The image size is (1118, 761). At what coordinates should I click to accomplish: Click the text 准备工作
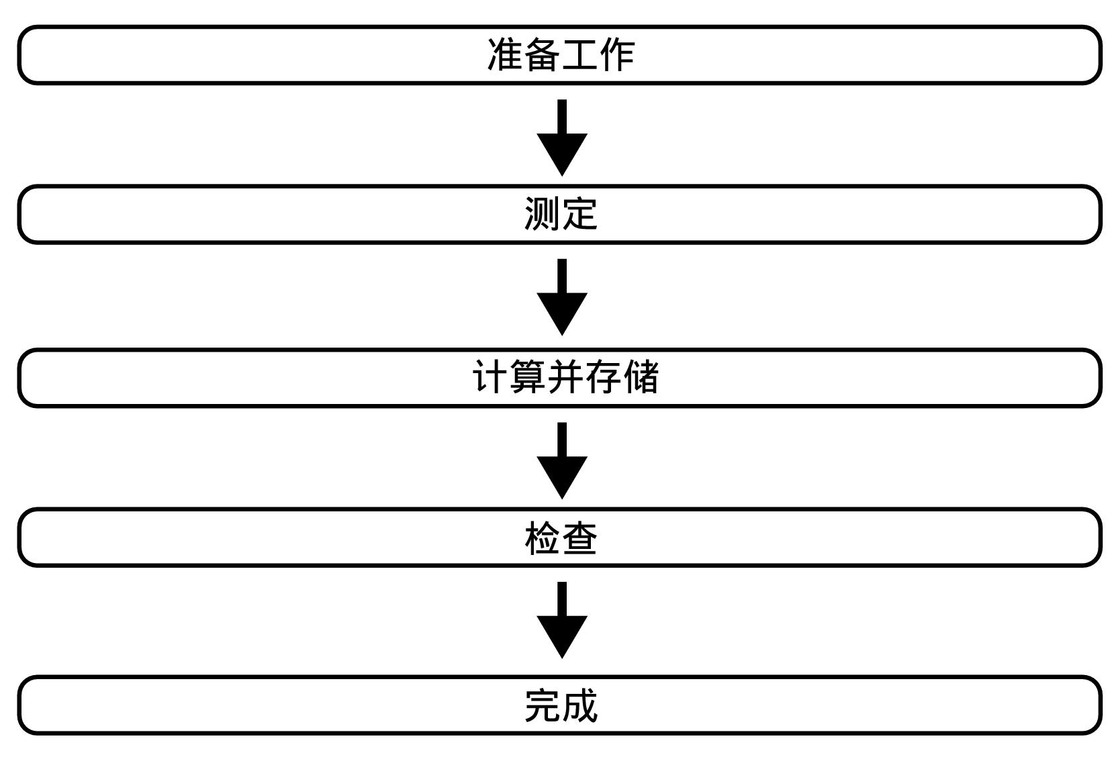tap(560, 55)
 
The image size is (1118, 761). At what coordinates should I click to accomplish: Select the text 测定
tap(560, 215)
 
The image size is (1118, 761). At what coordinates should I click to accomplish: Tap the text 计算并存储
tap(565, 377)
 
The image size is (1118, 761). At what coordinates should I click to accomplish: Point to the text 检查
tap(560, 538)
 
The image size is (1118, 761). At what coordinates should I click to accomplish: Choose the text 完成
tap(560, 706)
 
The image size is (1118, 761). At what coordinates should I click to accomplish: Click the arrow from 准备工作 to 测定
tap(562, 138)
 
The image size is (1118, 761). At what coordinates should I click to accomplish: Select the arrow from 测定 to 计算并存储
tap(562, 297)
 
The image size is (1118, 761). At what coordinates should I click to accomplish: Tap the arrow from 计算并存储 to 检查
tap(562, 460)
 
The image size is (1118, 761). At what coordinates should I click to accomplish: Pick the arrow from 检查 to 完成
tap(562, 619)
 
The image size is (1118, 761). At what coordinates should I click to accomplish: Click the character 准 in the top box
tap(505, 55)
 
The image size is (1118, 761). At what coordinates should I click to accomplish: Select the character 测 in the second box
tap(542, 215)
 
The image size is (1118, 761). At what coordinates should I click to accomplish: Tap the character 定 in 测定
tap(579, 215)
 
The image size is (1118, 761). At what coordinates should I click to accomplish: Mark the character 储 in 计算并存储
tap(641, 377)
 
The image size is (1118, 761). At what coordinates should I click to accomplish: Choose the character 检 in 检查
tap(542, 538)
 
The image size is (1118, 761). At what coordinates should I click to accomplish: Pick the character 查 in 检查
tap(579, 538)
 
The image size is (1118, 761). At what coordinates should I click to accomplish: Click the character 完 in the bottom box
tap(542, 706)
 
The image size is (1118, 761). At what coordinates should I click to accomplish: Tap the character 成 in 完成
tap(579, 706)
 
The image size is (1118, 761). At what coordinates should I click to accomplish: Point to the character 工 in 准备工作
tap(579, 55)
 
